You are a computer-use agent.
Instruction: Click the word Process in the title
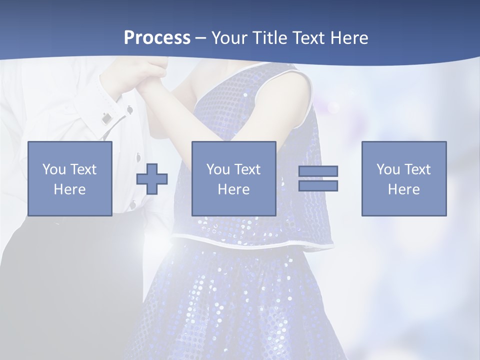tap(157, 38)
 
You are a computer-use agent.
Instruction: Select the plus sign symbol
tap(152, 178)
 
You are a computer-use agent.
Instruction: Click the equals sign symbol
tap(318, 178)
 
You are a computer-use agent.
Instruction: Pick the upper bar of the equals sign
tap(318, 171)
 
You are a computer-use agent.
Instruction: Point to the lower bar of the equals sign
tap(318, 186)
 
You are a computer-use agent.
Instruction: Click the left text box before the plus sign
tap(69, 178)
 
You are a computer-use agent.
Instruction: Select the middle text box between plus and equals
tap(233, 178)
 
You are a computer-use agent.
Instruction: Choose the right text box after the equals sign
tap(403, 178)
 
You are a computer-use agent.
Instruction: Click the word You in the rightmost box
tap(388, 169)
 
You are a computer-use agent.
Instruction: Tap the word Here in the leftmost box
tap(69, 189)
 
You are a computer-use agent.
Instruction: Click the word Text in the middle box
tap(247, 169)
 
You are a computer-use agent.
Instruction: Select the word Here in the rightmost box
tap(403, 189)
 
